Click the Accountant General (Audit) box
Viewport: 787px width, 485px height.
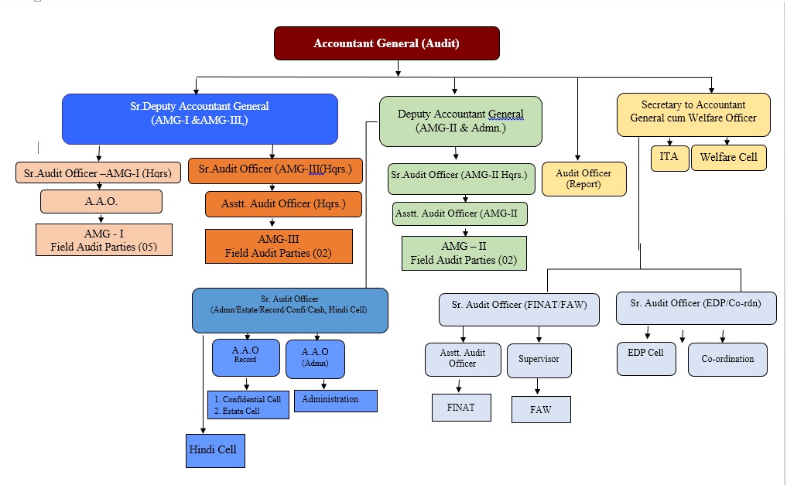[386, 43]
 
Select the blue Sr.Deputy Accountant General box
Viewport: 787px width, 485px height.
[200, 118]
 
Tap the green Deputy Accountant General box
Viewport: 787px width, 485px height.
[460, 121]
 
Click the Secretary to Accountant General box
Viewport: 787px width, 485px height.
[693, 114]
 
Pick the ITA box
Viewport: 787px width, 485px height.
[669, 157]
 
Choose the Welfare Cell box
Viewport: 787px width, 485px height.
[728, 157]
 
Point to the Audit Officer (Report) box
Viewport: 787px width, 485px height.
[583, 179]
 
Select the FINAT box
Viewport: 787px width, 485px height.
[461, 407]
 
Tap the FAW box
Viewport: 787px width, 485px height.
[541, 409]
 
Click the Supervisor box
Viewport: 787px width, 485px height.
[539, 360]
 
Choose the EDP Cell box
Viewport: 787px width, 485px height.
[645, 357]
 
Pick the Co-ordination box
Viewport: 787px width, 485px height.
[727, 360]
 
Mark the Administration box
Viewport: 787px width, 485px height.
[335, 400]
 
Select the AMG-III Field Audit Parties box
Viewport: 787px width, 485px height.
[278, 246]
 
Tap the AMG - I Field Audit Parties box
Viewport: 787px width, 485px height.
[104, 240]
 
